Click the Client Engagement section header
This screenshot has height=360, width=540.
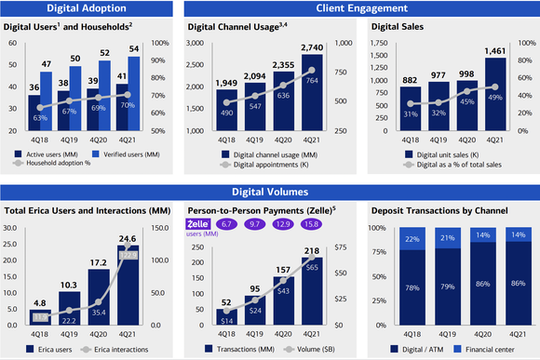358,8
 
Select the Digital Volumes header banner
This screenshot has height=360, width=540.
269,193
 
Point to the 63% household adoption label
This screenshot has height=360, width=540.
41,118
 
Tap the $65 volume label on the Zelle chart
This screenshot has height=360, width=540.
312,267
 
